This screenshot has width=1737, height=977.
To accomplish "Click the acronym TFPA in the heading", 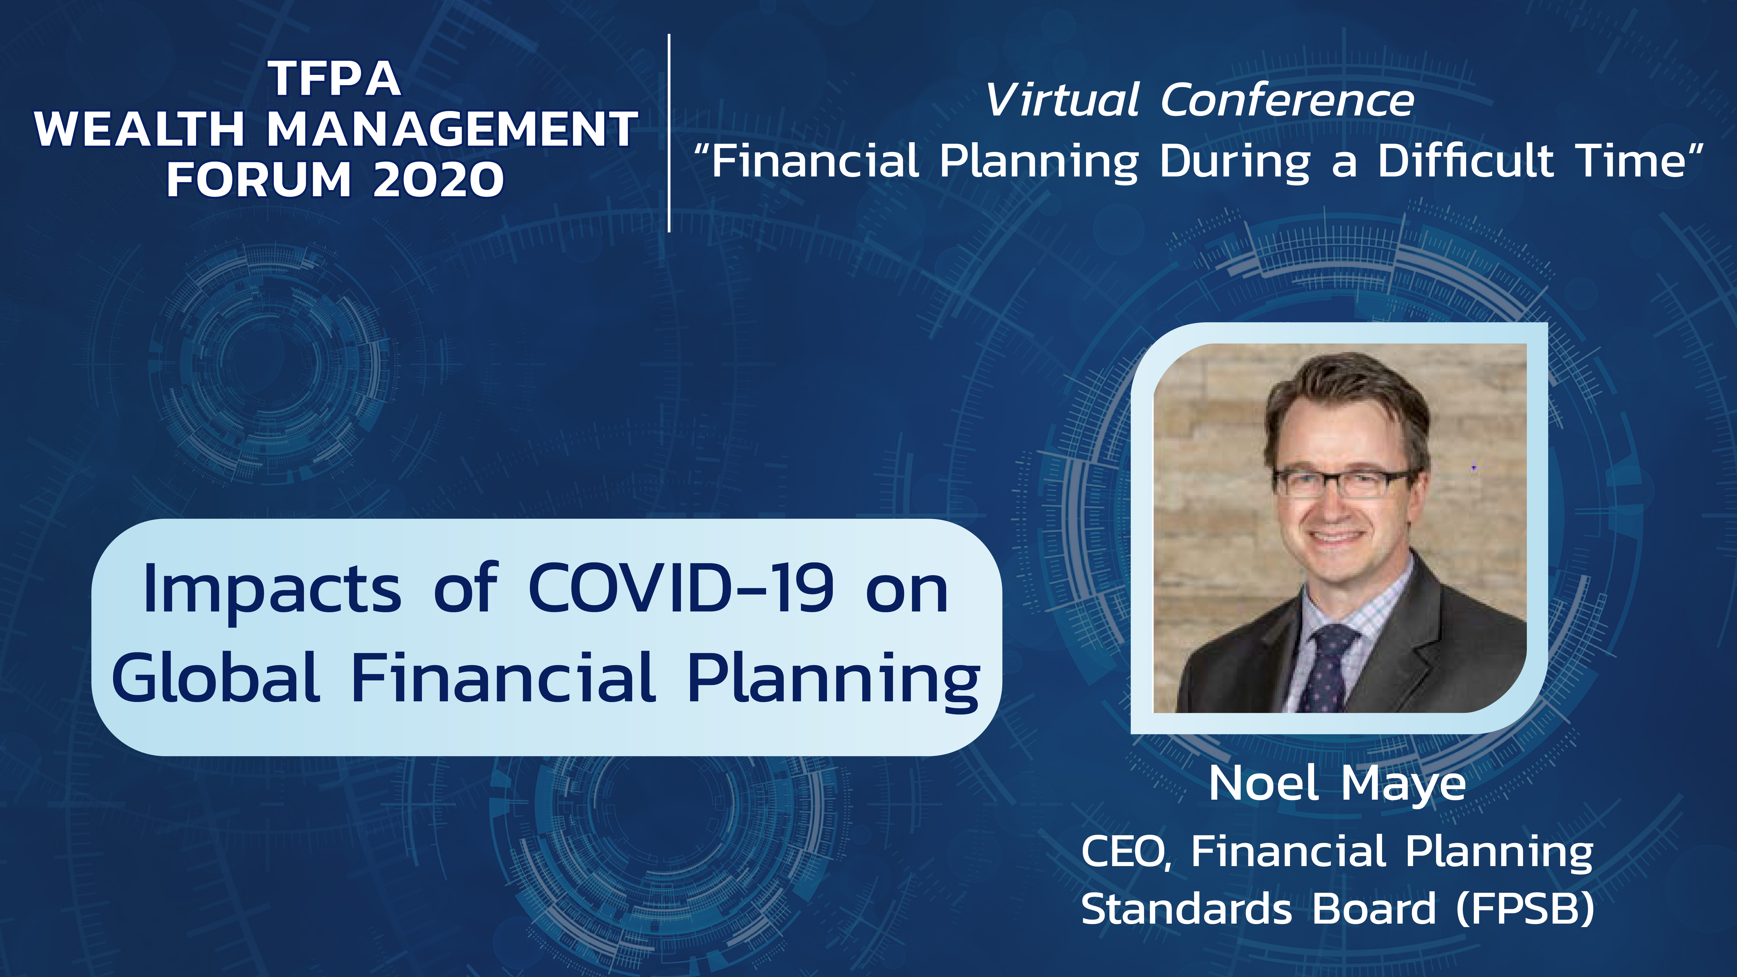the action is click(x=335, y=79).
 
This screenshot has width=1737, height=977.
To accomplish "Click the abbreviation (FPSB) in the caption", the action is click(x=1525, y=908).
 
